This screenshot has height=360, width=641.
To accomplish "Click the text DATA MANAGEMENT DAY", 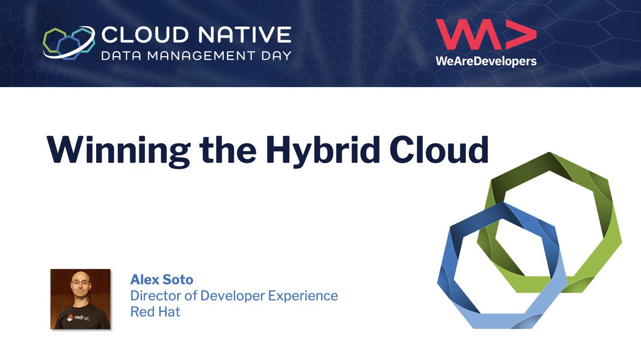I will pyautogui.click(x=197, y=55).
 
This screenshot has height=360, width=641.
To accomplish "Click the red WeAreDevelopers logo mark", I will pyautogui.click(x=485, y=36).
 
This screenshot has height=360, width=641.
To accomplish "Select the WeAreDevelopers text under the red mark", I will pyautogui.click(x=486, y=61).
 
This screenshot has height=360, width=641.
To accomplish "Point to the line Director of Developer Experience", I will pyautogui.click(x=234, y=295).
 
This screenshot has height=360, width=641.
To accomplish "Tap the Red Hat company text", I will pyautogui.click(x=155, y=311).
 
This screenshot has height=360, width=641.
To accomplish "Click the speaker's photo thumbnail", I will pyautogui.click(x=80, y=299).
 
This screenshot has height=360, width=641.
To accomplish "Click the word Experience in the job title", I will pyautogui.click(x=303, y=295).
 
